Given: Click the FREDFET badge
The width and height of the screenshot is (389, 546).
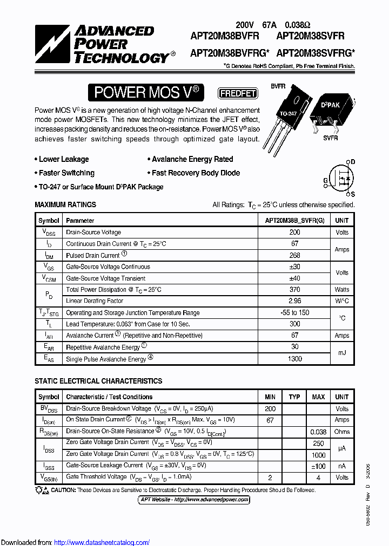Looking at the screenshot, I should pos(238,93).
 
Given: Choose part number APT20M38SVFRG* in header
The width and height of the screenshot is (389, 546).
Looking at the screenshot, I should pos(316,53).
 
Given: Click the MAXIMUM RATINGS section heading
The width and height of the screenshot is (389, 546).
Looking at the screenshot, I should pos(65,205).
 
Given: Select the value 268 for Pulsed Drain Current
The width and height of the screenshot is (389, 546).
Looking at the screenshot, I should pos(294,255).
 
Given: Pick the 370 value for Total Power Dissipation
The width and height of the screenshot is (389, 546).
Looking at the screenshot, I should pos(294,290).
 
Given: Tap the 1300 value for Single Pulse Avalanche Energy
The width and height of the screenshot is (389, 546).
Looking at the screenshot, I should pos(294,359).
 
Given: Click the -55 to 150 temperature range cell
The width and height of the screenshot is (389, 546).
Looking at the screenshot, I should pos(294,313).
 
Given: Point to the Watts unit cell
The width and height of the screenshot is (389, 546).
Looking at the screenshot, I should pos(342,290).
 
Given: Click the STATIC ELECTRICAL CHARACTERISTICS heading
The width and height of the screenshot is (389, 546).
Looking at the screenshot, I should pos(98,381).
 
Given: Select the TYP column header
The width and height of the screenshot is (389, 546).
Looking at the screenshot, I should pos(294,397).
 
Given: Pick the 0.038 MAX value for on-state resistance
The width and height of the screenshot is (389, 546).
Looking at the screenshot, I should pos(318,432).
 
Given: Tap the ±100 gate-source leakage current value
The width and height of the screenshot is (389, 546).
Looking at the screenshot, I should pos(318,466).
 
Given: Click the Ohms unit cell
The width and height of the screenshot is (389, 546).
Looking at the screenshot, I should pos(342,432).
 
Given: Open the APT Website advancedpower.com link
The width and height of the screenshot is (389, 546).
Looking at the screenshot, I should pos(194,500).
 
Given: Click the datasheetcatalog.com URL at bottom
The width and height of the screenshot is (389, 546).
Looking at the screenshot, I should pos(102,542).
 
